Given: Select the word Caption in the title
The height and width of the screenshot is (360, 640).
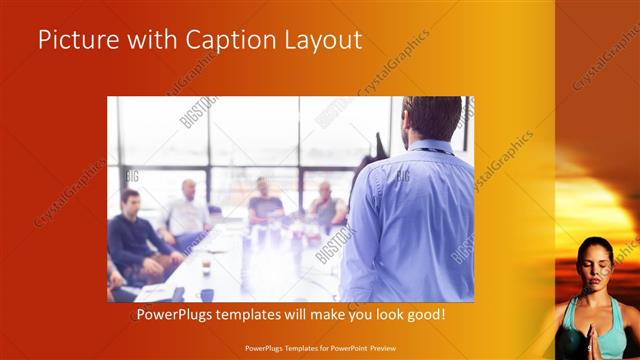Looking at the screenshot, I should tap(222, 41).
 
